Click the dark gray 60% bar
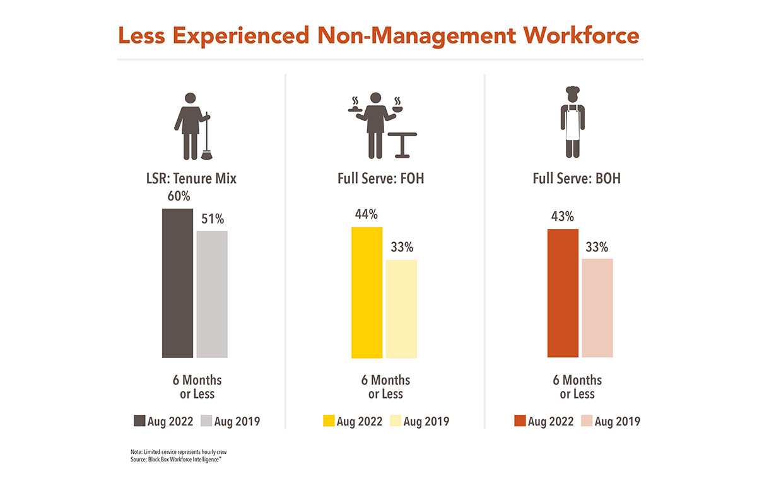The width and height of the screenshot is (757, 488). tap(178, 283)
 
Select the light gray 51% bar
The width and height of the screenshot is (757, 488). tap(212, 294)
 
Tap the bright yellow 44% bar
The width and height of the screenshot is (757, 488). tap(367, 292)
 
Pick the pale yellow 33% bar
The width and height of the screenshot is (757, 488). tap(401, 308)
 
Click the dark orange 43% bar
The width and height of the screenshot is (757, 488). tap(563, 293)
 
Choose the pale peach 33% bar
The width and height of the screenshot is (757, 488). tap(597, 308)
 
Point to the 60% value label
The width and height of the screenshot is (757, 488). tap(179, 196)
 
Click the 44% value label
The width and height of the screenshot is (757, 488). tap(367, 214)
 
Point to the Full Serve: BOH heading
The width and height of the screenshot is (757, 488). tap(577, 178)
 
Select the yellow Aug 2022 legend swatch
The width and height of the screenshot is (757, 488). tap(328, 421)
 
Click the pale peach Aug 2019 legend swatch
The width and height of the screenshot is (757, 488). tap(586, 421)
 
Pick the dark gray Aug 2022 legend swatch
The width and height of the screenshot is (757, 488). tap(139, 421)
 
